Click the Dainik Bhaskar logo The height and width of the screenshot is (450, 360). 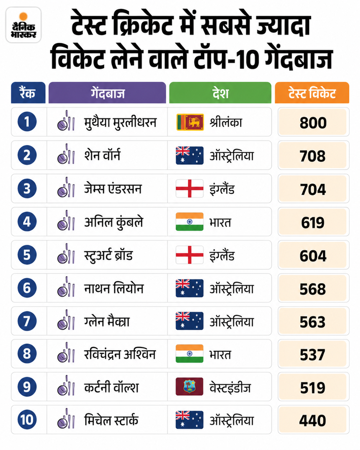(x=24, y=25)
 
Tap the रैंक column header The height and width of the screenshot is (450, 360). (x=28, y=93)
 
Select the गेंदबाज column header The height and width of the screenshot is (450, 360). (x=108, y=93)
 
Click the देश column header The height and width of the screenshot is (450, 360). (x=220, y=93)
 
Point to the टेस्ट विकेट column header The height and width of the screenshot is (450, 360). (x=312, y=93)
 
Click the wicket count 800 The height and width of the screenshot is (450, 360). (x=313, y=122)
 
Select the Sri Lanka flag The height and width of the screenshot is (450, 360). (x=190, y=122)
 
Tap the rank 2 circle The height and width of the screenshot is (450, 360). (x=27, y=155)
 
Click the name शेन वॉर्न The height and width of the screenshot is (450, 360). (x=103, y=155)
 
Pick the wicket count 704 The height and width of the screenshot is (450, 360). (x=313, y=189)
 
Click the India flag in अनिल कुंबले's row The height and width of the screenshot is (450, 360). (x=189, y=222)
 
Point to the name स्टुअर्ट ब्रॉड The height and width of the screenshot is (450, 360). (x=108, y=255)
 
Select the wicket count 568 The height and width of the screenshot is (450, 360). (x=313, y=289)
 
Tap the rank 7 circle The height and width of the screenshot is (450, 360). (x=27, y=321)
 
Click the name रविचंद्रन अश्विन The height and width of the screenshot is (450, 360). (x=120, y=354)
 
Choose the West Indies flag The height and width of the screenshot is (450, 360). (x=189, y=386)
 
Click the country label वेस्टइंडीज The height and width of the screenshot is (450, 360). (x=230, y=388)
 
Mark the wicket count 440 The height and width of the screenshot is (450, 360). (x=313, y=420)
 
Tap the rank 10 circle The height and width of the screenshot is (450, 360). (x=27, y=420)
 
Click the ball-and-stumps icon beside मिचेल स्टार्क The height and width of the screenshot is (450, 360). (x=66, y=418)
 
